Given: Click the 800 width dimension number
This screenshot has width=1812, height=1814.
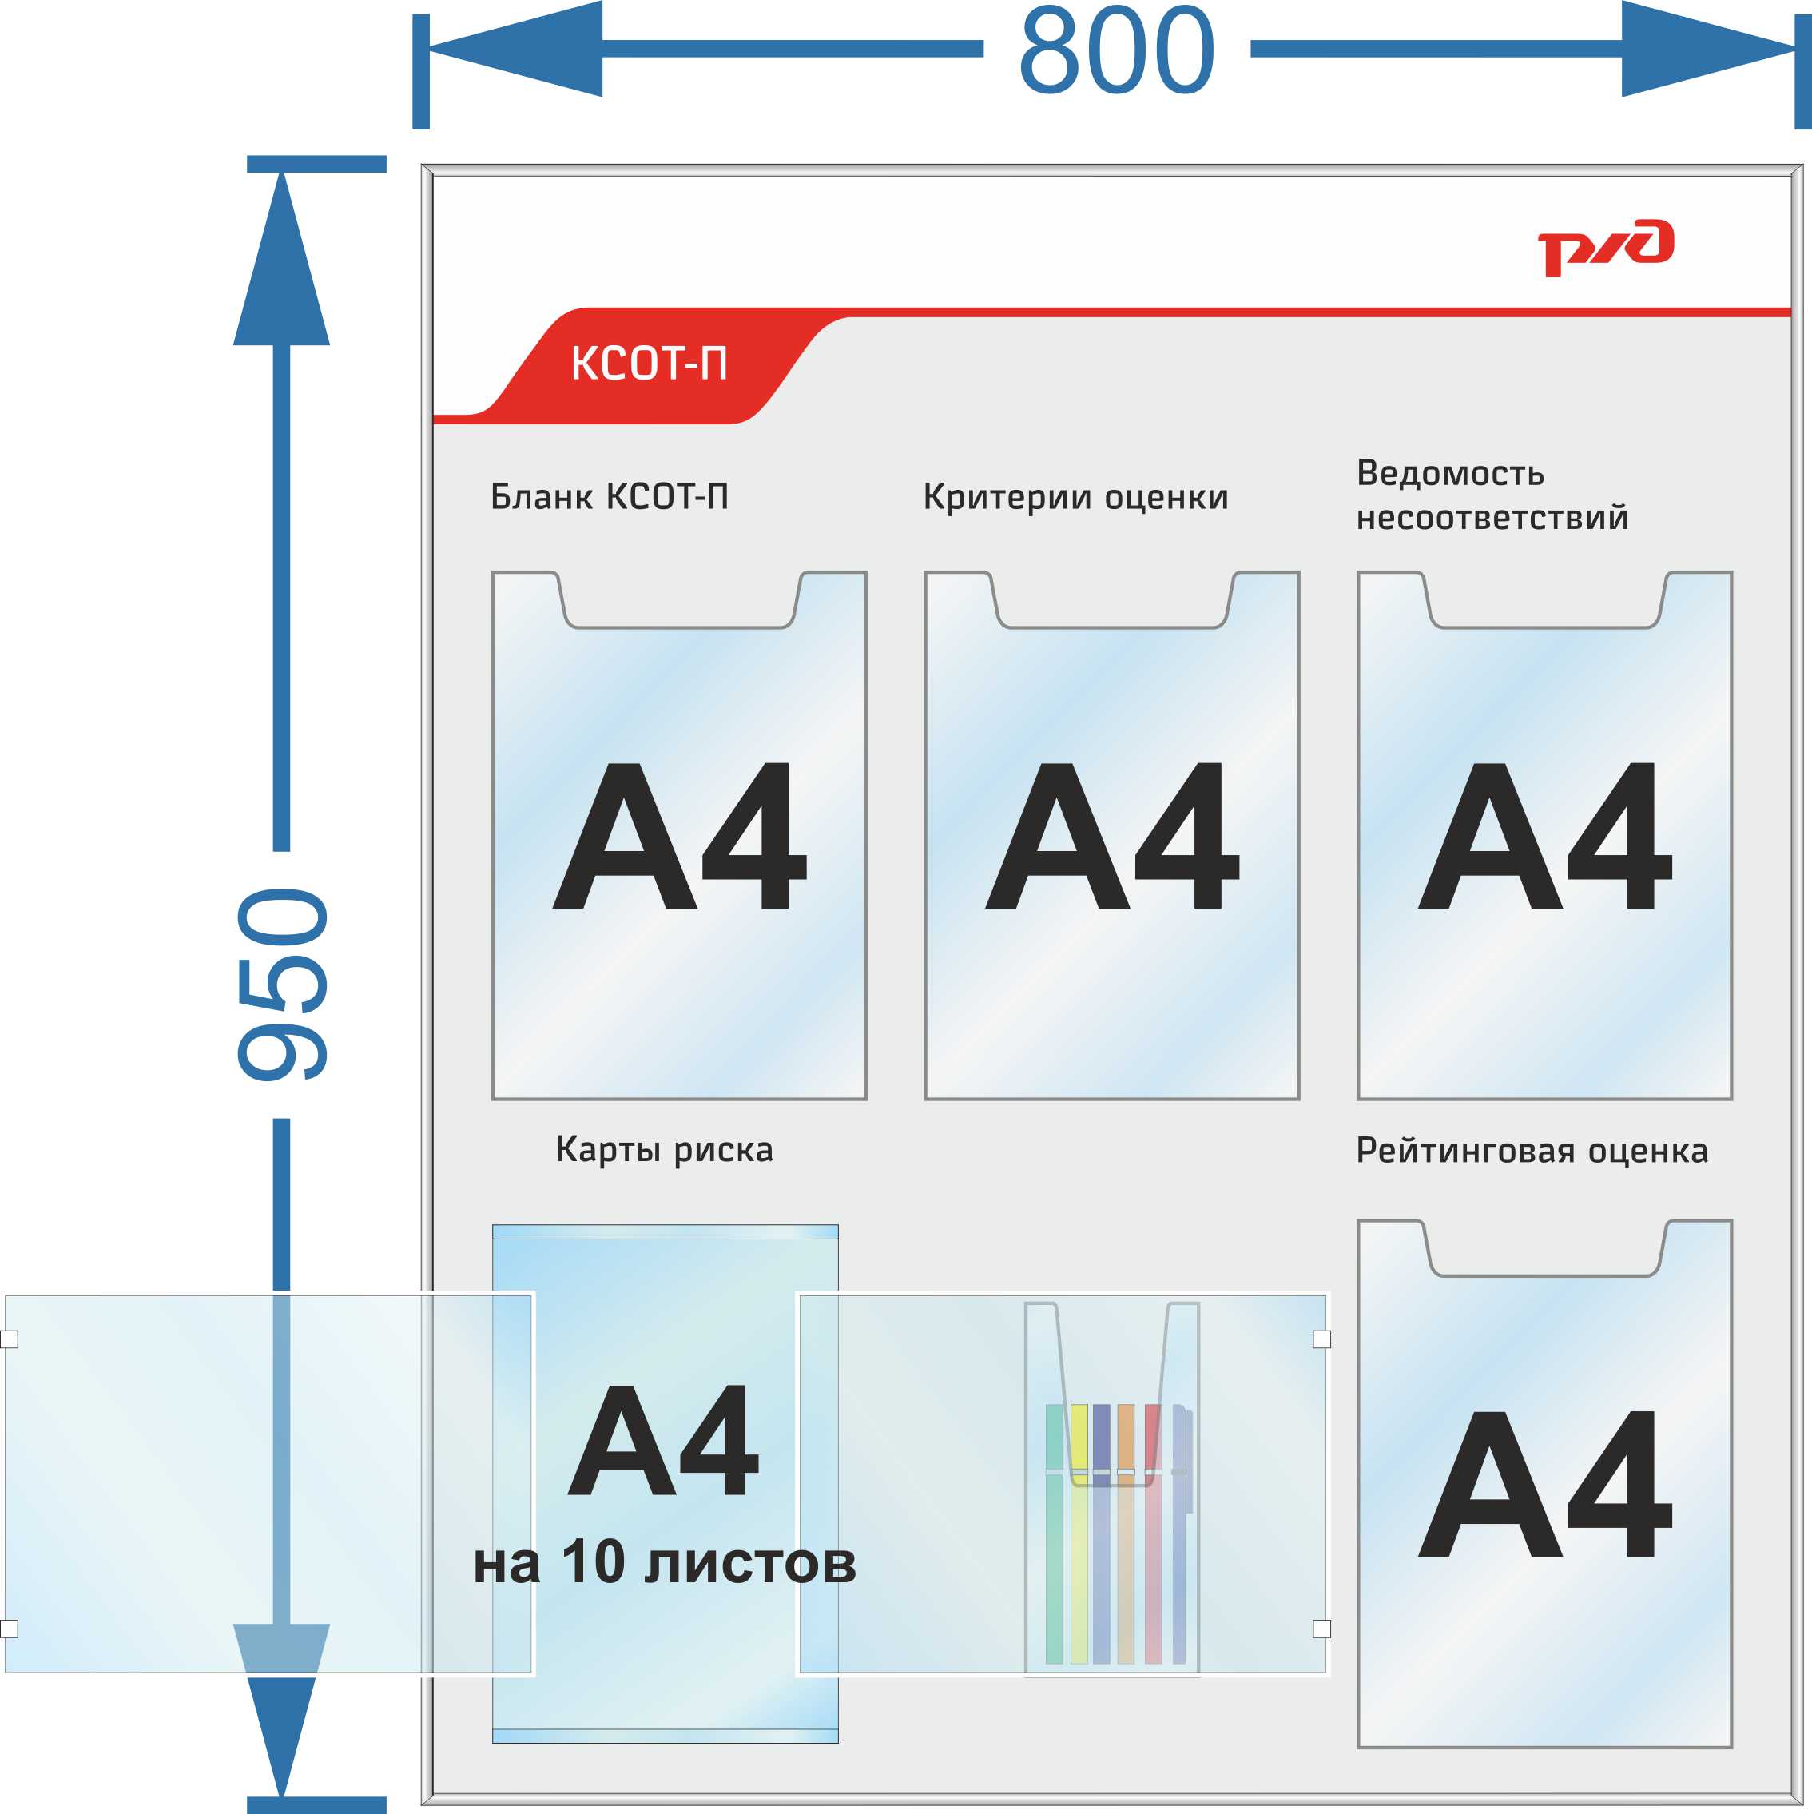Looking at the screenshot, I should pyautogui.click(x=1116, y=50).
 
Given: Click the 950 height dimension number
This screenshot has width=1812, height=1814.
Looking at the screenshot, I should pyautogui.click(x=282, y=984).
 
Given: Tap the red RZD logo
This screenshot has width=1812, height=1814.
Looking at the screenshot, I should pyautogui.click(x=1604, y=248).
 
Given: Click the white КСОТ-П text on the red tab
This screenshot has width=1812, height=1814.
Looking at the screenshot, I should pyautogui.click(x=649, y=364).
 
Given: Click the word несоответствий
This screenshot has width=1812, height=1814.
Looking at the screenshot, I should pyautogui.click(x=1492, y=517).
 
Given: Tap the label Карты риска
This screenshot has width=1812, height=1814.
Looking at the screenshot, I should pyautogui.click(x=664, y=1149).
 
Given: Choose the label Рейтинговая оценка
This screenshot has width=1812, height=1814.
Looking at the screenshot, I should pyautogui.click(x=1532, y=1150).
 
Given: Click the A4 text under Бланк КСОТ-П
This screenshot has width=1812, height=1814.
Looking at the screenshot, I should pyautogui.click(x=680, y=836).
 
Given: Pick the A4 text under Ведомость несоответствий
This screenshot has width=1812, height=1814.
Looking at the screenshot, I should pyautogui.click(x=1544, y=836).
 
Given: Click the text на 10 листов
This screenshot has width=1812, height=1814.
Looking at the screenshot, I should pyautogui.click(x=664, y=1563).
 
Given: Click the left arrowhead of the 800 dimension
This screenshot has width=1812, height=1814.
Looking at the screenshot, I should pyautogui.click(x=515, y=49).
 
